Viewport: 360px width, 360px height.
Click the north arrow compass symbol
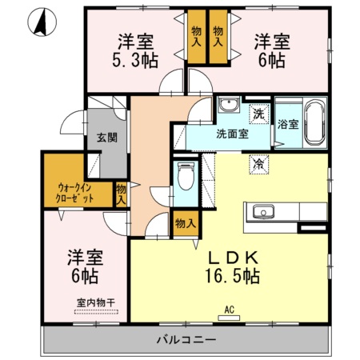pyautogui.click(x=39, y=22)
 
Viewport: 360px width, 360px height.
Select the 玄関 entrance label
pyautogui.click(x=107, y=137)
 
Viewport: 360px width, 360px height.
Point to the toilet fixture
pyautogui.click(x=186, y=176)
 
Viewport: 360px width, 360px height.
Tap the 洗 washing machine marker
pyautogui.click(x=259, y=114)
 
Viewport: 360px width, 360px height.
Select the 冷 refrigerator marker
pyautogui.click(x=259, y=163)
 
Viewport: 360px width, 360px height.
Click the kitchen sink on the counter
pyautogui.click(x=263, y=212)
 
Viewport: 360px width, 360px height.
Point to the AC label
pyautogui.click(x=228, y=310)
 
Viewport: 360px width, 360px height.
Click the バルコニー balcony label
pyautogui.click(x=186, y=340)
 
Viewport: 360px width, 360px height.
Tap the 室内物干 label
pyautogui.click(x=95, y=302)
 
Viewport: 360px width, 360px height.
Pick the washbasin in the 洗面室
pyautogui.click(x=227, y=106)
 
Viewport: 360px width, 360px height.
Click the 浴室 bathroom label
pyautogui.click(x=287, y=125)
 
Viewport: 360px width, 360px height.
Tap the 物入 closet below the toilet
pyautogui.click(x=185, y=223)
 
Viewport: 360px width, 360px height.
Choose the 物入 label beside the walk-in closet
pyautogui.click(x=121, y=195)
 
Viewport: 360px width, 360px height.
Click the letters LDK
pyautogui.click(x=232, y=258)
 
